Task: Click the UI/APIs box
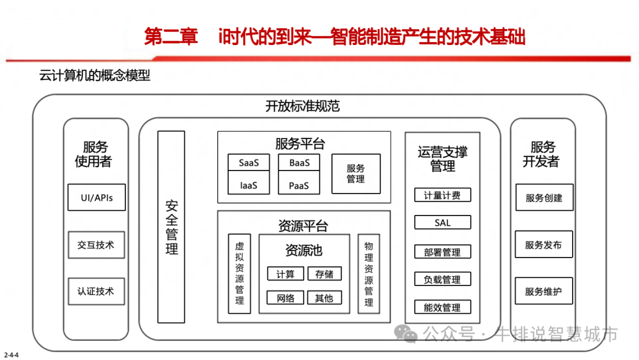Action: click(x=96, y=198)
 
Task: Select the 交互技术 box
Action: click(x=96, y=245)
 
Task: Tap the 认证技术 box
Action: click(x=96, y=291)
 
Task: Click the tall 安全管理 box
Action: click(x=172, y=227)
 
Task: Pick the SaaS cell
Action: click(x=249, y=163)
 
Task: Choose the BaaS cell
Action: click(x=299, y=163)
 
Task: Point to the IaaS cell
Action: click(x=249, y=185)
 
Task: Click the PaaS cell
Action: click(x=299, y=185)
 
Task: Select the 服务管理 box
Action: click(x=356, y=173)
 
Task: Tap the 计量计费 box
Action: click(x=443, y=195)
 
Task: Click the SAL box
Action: click(x=443, y=223)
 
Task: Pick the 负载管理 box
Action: click(x=443, y=279)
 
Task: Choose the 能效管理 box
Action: click(x=443, y=307)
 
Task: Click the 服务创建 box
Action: click(x=544, y=198)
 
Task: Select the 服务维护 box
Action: click(x=544, y=291)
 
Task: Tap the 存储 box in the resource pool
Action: click(x=324, y=274)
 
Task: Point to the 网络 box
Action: click(x=285, y=298)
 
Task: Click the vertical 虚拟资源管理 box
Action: click(x=239, y=274)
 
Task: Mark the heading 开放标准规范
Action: click(x=302, y=107)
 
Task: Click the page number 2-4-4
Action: click(x=12, y=355)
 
